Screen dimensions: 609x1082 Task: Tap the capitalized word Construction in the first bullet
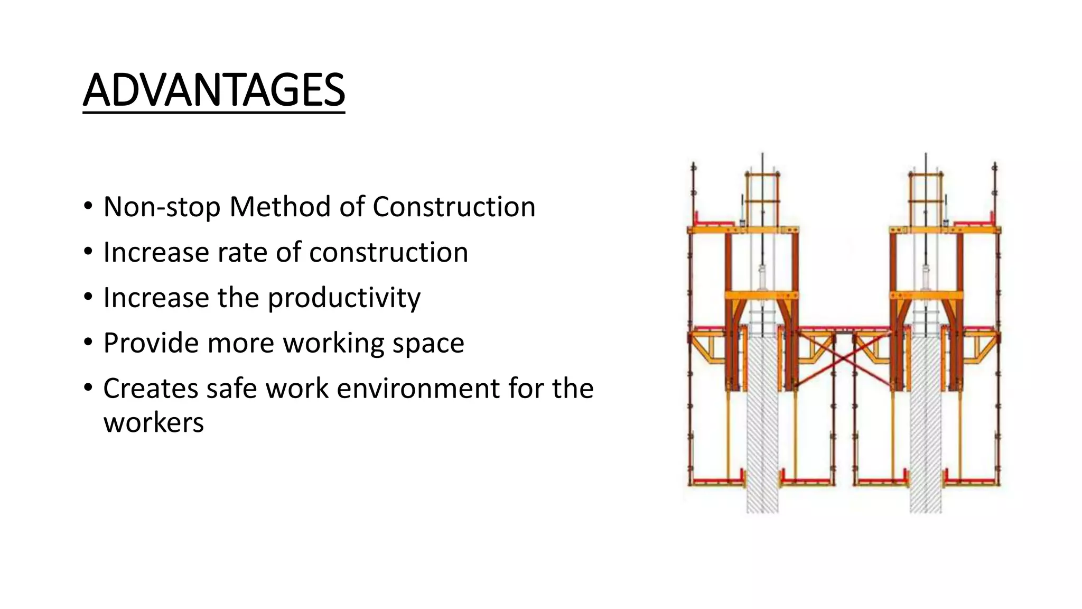pyautogui.click(x=454, y=207)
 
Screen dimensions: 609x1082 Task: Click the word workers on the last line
pyautogui.click(x=153, y=423)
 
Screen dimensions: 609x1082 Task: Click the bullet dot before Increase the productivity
pyautogui.click(x=88, y=297)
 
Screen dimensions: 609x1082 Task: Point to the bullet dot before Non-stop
pyautogui.click(x=88, y=206)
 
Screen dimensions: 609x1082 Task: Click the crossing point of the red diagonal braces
pyautogui.click(x=844, y=359)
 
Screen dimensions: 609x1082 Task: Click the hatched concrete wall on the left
pyautogui.click(x=762, y=423)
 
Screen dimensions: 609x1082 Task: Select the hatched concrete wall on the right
pyautogui.click(x=926, y=423)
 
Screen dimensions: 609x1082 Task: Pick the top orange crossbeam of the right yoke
pyautogui.click(x=945, y=230)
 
